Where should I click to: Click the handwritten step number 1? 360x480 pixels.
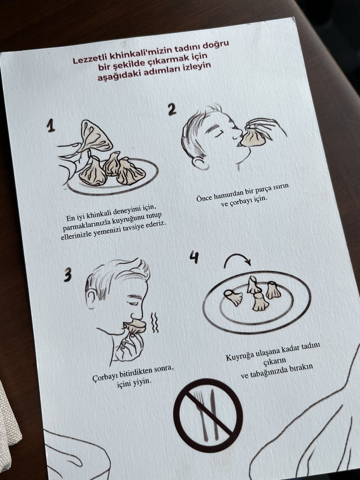(x=51, y=126)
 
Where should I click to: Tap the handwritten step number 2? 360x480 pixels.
(x=172, y=109)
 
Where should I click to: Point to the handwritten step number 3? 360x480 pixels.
(x=68, y=275)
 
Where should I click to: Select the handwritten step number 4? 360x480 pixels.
(x=194, y=257)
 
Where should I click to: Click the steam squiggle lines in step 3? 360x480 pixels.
(x=154, y=322)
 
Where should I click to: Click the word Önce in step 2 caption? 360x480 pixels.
(x=204, y=198)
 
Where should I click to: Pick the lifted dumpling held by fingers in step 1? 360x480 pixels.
(x=96, y=136)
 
